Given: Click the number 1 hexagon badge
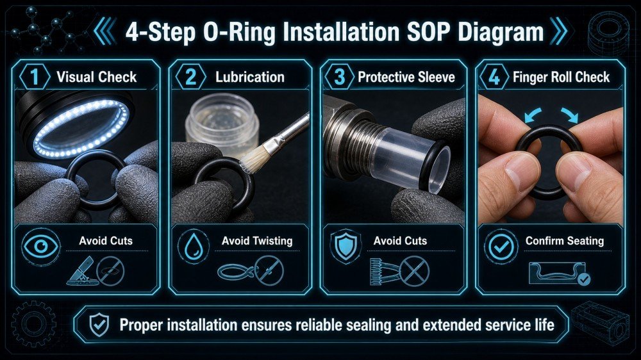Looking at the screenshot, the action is tap(35, 77).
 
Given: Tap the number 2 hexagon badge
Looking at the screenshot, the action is tap(190, 77).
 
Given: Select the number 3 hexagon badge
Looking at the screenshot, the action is tap(339, 77).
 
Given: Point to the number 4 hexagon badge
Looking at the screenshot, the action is tap(494, 77).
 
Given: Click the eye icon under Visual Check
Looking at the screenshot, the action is tap(40, 246).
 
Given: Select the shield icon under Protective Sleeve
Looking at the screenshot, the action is tap(346, 245).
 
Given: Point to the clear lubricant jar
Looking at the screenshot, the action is tap(222, 123).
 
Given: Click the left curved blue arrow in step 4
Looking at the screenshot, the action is tap(532, 115).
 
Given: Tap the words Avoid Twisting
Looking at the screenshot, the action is tap(257, 241).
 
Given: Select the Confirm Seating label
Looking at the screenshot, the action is tap(565, 241).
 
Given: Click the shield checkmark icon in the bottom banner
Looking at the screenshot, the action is tap(99, 325).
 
